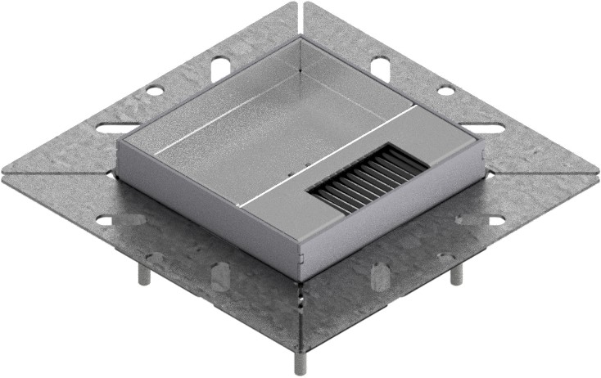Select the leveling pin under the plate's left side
tap(144, 274)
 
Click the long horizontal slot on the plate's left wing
tap(117, 128)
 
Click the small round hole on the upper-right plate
tap(446, 91)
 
